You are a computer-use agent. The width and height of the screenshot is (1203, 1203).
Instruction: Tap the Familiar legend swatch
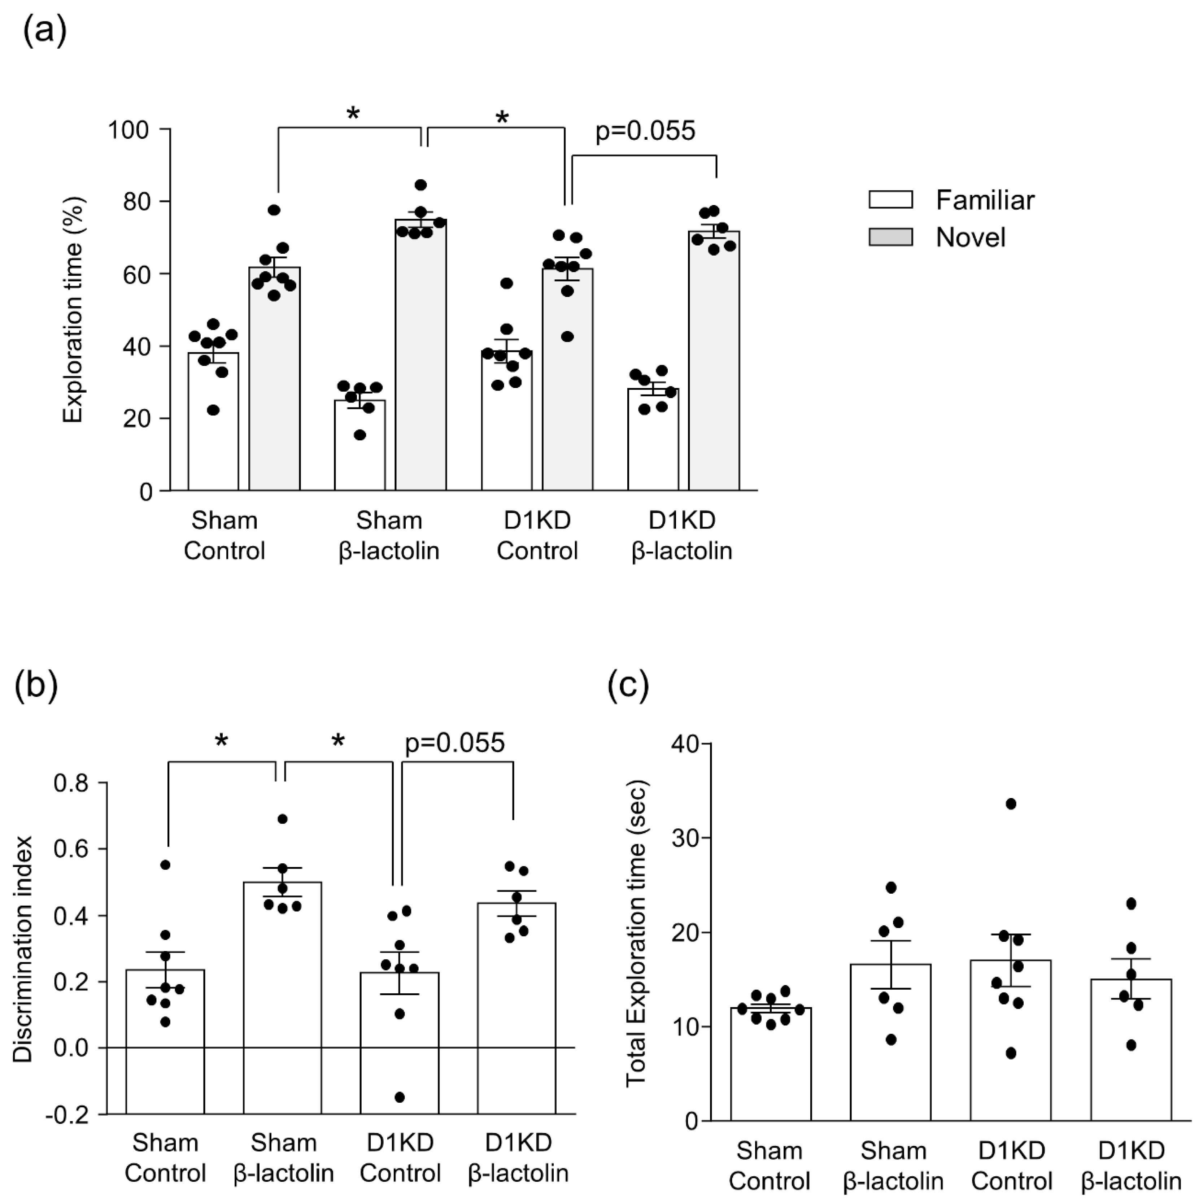tap(890, 200)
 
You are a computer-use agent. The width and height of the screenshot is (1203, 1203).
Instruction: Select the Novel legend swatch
tap(890, 237)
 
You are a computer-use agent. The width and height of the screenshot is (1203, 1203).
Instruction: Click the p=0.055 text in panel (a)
tap(645, 131)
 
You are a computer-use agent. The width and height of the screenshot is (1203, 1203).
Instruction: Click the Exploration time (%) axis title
tap(74, 309)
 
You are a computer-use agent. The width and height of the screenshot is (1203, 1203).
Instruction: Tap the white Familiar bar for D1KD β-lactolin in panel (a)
tap(653, 442)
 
